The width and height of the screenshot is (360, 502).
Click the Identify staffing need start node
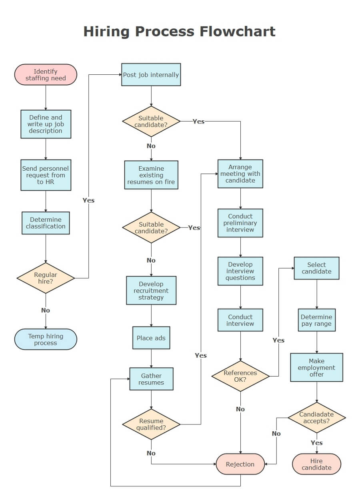[46, 75]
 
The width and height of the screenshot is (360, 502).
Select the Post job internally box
[151, 75]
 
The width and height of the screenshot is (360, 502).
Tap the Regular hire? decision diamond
[46, 278]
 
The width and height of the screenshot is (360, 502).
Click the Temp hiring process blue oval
[46, 339]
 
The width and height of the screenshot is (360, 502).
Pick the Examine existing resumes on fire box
[151, 175]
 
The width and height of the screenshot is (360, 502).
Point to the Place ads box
[151, 338]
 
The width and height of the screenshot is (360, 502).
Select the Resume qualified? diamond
[151, 424]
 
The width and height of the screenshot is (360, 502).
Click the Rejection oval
[240, 464]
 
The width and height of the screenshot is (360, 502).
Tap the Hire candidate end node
[316, 464]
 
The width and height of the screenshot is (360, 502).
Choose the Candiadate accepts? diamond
[316, 418]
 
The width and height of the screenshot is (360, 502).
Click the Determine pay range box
[316, 320]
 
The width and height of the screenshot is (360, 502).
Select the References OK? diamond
[240, 376]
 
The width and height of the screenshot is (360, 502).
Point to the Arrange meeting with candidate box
[240, 174]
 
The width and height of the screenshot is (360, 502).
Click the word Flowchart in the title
[238, 31]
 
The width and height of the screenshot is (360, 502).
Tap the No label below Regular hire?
[46, 310]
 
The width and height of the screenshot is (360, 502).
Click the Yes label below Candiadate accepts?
[316, 443]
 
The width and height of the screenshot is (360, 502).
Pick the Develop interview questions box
[240, 271]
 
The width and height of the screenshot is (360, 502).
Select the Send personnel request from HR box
[46, 175]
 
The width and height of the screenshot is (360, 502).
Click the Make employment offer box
[316, 367]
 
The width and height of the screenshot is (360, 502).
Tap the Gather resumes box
[151, 379]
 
